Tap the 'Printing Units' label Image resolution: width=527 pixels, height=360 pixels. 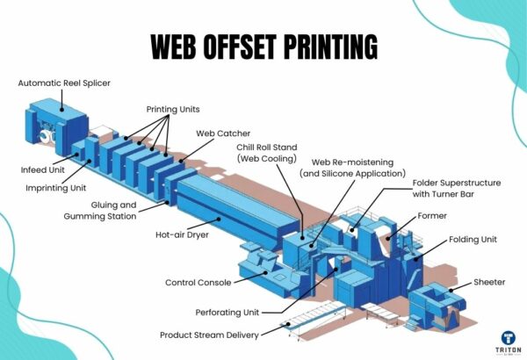[173, 109]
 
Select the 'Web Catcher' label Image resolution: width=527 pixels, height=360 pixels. [219, 133]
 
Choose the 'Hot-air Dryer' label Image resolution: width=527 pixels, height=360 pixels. [182, 234]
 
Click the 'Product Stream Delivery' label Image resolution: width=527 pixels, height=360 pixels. [220, 335]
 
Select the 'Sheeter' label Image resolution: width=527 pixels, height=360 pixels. [489, 283]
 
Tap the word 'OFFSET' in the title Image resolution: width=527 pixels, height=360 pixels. [262, 46]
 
